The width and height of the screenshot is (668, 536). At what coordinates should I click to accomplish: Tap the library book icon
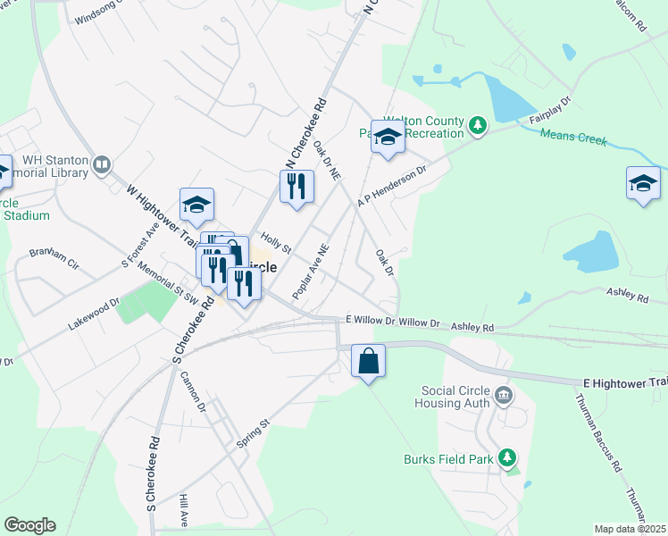pyautogui.click(x=102, y=165)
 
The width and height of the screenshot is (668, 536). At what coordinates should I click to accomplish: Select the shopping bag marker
pyautogui.click(x=368, y=362)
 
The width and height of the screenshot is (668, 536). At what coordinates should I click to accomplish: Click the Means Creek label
pyautogui.click(x=573, y=138)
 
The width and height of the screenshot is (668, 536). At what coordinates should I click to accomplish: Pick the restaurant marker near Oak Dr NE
pyautogui.click(x=296, y=187)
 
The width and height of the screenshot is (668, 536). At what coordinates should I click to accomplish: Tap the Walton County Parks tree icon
pyautogui.click(x=478, y=125)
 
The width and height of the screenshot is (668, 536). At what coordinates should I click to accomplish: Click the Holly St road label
pyautogui.click(x=275, y=243)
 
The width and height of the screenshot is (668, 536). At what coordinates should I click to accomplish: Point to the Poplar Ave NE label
pyautogui.click(x=312, y=272)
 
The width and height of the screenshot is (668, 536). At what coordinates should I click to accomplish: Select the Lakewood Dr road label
pyautogui.click(x=93, y=315)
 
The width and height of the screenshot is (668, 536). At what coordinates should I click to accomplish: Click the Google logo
pyautogui.click(x=29, y=525)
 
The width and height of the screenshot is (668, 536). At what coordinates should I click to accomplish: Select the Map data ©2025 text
pyautogui.click(x=630, y=529)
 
